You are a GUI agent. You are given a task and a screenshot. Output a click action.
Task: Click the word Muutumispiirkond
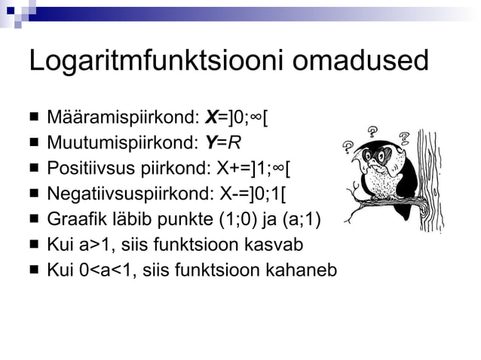(120, 142)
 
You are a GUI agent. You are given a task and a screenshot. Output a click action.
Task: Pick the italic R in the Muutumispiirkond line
(234, 142)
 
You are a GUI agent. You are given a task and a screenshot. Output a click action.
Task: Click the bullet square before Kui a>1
(35, 244)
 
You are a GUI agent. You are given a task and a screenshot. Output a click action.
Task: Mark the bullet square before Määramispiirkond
(35, 118)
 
